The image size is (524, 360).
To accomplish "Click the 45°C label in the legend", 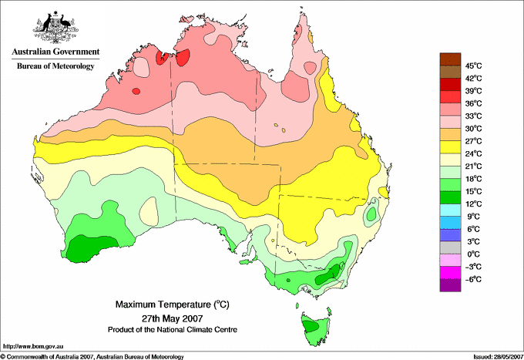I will (x=472, y=66).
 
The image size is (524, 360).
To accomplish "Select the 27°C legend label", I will (x=472, y=141).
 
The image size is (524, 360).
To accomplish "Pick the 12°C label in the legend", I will (x=472, y=204).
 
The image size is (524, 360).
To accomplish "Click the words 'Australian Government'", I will (x=55, y=52).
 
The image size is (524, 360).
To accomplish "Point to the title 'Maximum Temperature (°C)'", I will (x=172, y=305).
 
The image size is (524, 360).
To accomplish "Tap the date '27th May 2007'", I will (x=171, y=318).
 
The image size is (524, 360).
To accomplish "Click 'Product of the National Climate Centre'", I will (x=172, y=329).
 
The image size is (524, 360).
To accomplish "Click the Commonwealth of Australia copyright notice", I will (x=92, y=355).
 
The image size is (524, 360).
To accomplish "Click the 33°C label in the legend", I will (x=472, y=116).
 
